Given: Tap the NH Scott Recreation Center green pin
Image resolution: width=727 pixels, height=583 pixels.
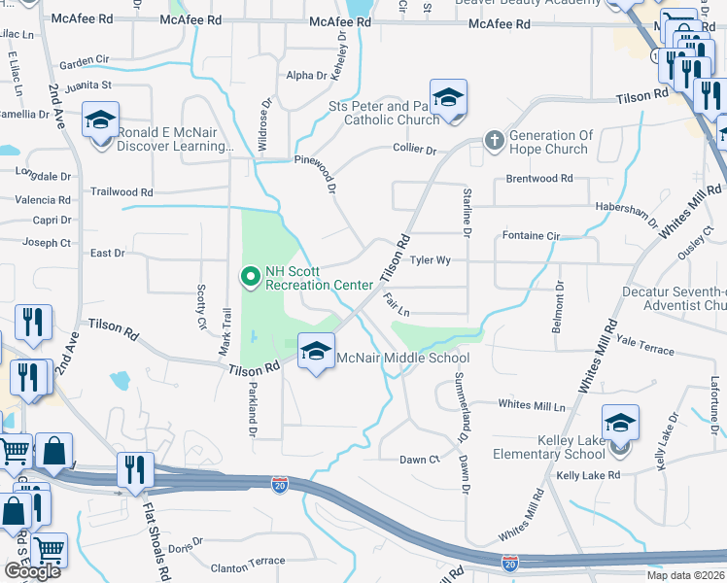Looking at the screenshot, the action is pos(251,278).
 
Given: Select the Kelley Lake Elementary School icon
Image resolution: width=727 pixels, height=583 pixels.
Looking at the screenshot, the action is pos(620,423).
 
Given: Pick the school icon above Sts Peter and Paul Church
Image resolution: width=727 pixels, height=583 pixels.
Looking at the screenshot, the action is pos(448,97).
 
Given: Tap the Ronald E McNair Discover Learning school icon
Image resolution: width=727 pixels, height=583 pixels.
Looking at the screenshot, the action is pos(100,120).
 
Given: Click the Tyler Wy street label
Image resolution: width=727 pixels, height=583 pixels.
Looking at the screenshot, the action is pos(430,260).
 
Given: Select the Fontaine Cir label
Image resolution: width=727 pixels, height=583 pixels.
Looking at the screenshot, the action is pos(531,236).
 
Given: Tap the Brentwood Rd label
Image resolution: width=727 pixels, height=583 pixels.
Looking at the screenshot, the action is pos(539,179).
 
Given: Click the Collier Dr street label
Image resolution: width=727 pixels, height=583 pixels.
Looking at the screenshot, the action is pos(414,150).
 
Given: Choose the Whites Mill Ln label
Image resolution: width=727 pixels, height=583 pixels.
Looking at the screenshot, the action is pos(531,404).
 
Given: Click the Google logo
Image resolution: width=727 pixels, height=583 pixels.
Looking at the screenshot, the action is pos(32,571).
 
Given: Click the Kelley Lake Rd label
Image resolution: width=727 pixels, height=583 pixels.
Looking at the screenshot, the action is pos(587,475).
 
